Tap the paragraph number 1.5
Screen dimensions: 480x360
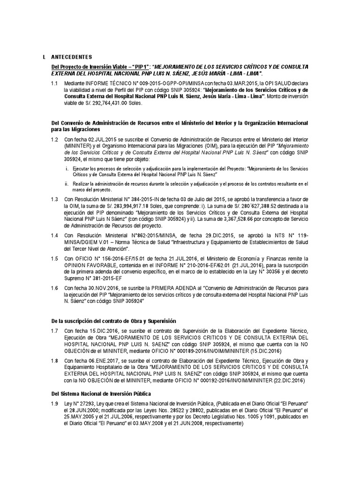pos(54,258)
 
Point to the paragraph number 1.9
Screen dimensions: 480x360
pos(54,404)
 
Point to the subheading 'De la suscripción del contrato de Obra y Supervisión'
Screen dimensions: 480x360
pos(113,321)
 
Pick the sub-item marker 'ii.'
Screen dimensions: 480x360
pos(67,183)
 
